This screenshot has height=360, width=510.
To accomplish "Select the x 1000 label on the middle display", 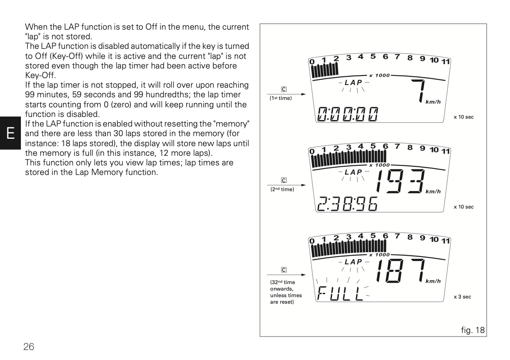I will pos(379,165).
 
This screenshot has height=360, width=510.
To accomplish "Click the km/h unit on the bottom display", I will pos(433,281).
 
